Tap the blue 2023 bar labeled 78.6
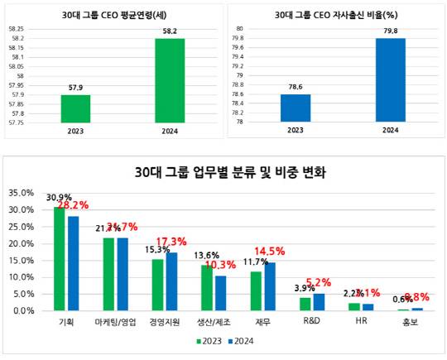(x=295, y=108)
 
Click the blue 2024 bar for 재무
(x=269, y=286)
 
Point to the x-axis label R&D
(x=311, y=321)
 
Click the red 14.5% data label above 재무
(x=272, y=251)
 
